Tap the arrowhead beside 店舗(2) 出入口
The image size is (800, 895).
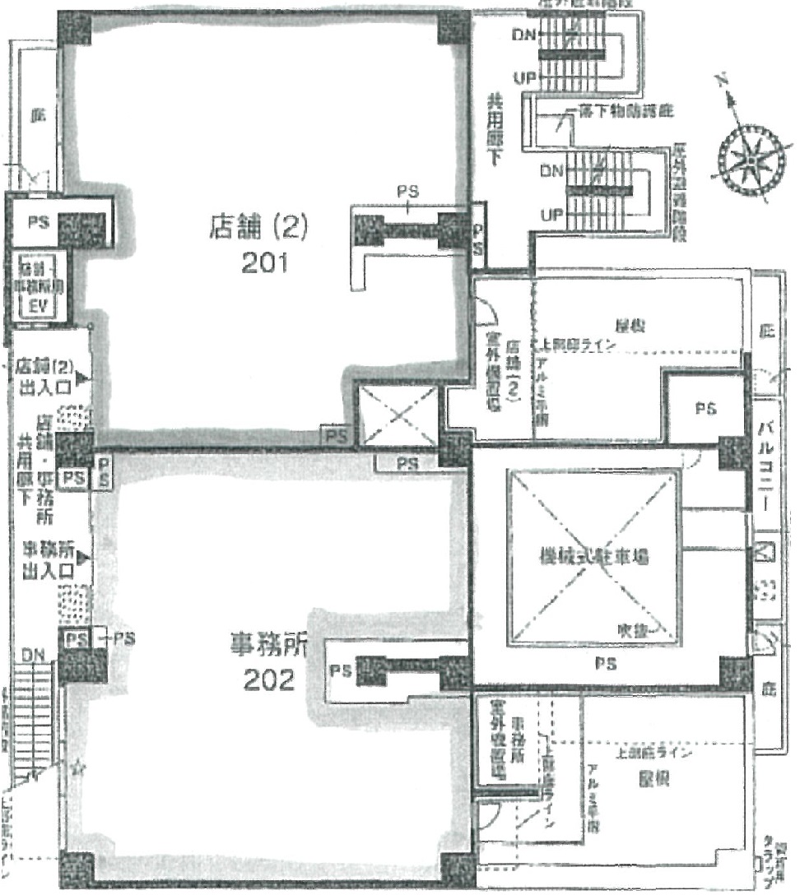(82, 378)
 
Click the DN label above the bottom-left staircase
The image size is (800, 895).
(33, 656)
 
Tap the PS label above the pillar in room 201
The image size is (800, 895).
(407, 192)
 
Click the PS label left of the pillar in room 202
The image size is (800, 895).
(341, 670)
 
